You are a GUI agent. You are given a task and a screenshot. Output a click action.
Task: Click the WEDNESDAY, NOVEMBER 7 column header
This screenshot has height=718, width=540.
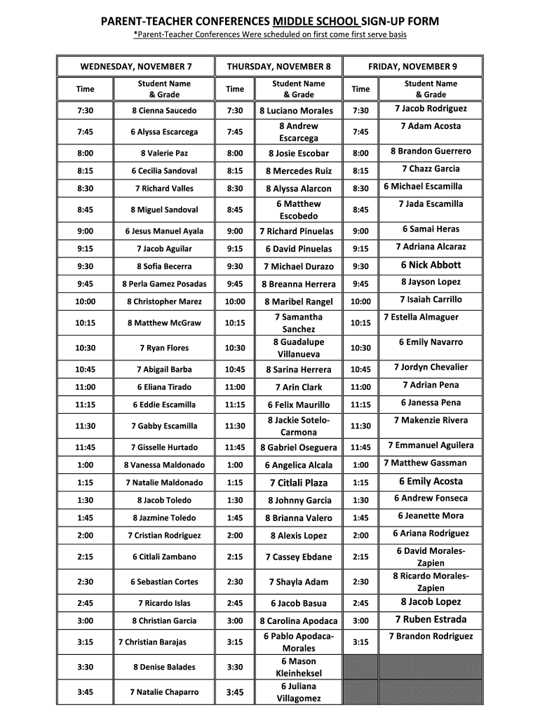(136, 67)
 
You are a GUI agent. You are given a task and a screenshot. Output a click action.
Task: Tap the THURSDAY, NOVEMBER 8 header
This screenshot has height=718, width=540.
(278, 67)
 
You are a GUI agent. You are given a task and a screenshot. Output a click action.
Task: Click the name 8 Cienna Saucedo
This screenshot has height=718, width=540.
(164, 111)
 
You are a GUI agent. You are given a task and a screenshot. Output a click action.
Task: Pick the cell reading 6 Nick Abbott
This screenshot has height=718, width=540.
(431, 265)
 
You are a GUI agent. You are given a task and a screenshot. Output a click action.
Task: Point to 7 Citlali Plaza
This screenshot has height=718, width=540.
(298, 483)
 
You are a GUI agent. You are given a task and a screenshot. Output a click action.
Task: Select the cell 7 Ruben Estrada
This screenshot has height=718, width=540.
(431, 620)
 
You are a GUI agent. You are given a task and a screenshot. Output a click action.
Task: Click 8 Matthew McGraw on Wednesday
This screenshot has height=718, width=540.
(164, 323)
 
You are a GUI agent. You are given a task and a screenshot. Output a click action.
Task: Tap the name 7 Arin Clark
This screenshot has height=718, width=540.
(299, 387)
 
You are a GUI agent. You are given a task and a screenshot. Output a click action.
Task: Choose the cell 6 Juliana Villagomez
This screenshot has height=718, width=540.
(299, 692)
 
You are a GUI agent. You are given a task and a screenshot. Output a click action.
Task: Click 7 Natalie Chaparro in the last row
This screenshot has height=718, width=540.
(164, 692)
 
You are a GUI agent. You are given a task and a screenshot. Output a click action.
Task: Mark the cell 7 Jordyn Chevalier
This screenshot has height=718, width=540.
(431, 367)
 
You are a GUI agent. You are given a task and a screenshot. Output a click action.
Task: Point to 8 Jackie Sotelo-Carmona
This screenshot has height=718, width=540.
(299, 426)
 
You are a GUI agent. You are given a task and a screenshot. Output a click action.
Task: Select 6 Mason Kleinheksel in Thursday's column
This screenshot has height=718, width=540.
(299, 667)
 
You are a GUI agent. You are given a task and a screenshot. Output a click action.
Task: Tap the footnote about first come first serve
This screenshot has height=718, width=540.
(270, 35)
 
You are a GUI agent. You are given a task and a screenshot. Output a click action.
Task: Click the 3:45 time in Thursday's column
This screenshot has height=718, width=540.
(235, 692)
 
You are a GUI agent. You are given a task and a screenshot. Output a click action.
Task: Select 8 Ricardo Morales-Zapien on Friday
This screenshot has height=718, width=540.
(431, 582)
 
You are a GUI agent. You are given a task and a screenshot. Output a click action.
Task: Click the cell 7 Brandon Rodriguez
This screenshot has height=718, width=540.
(431, 637)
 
